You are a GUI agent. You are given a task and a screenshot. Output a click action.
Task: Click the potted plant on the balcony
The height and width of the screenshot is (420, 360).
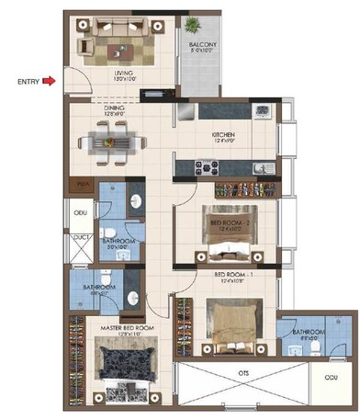(x=194, y=24)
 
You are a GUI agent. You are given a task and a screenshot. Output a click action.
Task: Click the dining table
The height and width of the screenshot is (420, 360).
(x=110, y=142)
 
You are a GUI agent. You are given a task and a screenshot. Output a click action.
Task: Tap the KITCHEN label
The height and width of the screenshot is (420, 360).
(x=224, y=135)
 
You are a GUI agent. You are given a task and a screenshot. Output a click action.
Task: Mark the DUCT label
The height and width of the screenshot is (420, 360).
(x=80, y=236)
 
